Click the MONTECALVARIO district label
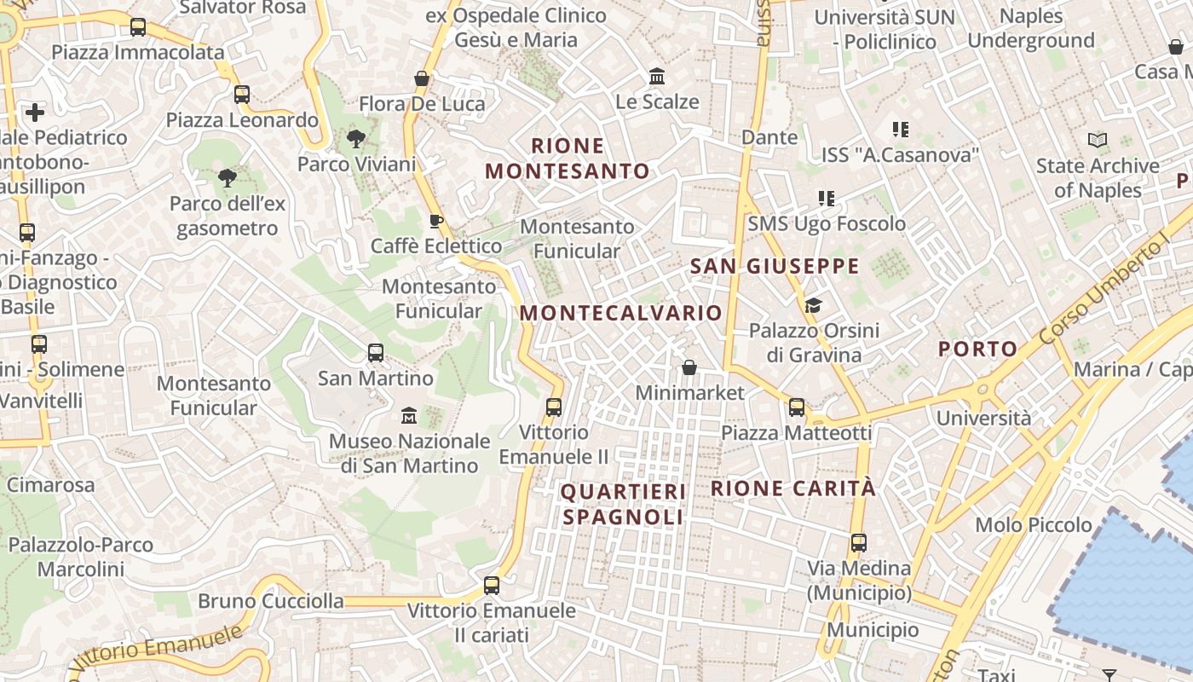tap(620, 313)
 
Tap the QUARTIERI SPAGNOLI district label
tap(623, 505)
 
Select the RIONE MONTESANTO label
tap(568, 159)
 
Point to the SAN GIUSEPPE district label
tap(775, 266)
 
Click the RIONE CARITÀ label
tap(792, 488)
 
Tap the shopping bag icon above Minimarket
tap(689, 367)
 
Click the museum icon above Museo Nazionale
tap(409, 416)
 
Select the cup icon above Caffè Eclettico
tap(436, 222)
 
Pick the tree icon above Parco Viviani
tap(356, 139)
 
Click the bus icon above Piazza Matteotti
tap(797, 407)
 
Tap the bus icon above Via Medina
tap(859, 543)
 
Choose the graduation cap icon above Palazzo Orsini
tap(814, 305)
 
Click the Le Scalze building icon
tap(657, 77)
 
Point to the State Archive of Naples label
tap(1098, 177)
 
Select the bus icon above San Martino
tap(376, 352)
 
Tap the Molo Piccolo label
tap(1034, 525)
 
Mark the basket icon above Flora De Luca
tap(421, 78)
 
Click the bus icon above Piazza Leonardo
tap(242, 95)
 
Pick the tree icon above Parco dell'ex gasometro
tap(228, 178)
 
